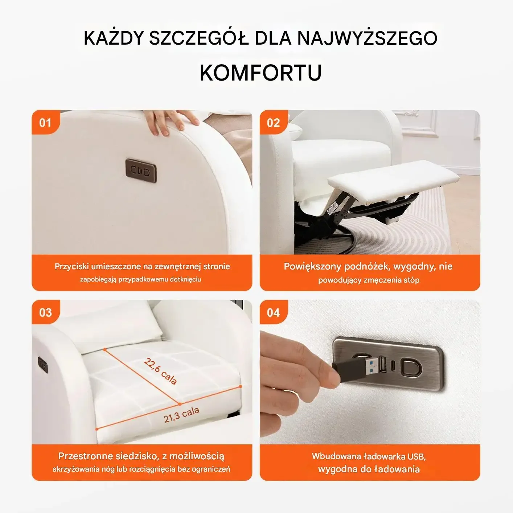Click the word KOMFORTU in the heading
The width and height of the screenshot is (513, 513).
click(260, 73)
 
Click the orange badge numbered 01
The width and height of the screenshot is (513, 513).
click(45, 123)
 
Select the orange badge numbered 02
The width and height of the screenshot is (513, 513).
click(274, 123)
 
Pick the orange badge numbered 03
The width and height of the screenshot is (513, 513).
click(45, 312)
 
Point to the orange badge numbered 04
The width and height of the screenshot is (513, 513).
click(274, 312)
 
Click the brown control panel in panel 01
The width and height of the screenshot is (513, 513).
click(141, 171)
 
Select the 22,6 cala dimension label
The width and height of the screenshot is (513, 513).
click(160, 372)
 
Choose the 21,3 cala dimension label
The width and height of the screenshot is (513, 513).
click(181, 415)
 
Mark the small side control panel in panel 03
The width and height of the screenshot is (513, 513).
click(43, 365)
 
